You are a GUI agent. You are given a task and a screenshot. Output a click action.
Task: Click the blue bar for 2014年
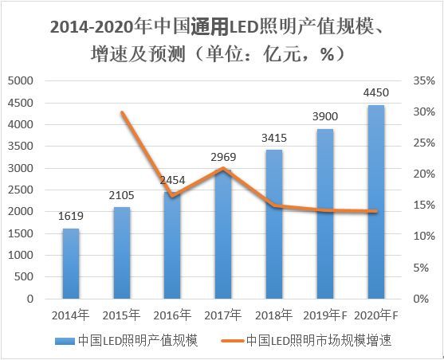pos(71,264)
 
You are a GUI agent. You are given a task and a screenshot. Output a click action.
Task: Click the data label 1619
pos(70,215)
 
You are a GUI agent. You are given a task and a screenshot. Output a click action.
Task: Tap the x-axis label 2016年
pos(172,314)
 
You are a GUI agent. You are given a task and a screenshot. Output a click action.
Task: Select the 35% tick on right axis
pos(423,81)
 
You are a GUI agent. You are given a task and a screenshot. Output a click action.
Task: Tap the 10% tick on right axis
pos(423,237)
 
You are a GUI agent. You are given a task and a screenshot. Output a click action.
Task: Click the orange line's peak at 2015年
pos(122,112)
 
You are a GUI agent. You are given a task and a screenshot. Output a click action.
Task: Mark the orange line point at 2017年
pos(223,169)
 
